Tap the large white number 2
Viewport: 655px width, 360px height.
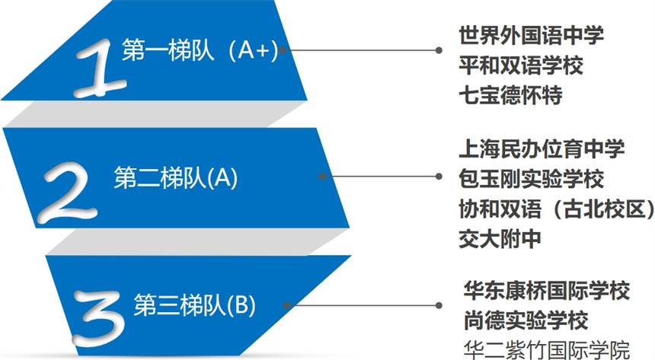point(68,191)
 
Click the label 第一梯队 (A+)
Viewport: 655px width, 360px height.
point(200,50)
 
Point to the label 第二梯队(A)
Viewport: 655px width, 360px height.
point(175,178)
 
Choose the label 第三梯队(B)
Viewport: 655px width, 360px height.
point(195,305)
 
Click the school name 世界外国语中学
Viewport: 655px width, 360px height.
point(532,35)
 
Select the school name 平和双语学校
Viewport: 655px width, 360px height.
point(521,65)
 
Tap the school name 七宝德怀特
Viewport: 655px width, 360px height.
point(510,95)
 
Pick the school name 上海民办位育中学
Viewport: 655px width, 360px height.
point(542,148)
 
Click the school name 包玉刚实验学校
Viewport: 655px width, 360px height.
point(532,179)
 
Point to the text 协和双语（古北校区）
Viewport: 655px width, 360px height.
point(557,209)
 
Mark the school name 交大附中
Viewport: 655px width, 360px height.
point(500,239)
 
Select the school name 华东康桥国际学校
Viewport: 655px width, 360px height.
point(547,291)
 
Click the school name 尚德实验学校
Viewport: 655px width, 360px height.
point(526,320)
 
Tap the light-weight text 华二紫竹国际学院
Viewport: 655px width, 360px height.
point(547,350)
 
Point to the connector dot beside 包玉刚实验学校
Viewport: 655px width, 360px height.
point(439,177)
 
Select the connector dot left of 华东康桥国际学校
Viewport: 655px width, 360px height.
point(439,305)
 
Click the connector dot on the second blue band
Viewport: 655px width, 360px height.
point(322,177)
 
